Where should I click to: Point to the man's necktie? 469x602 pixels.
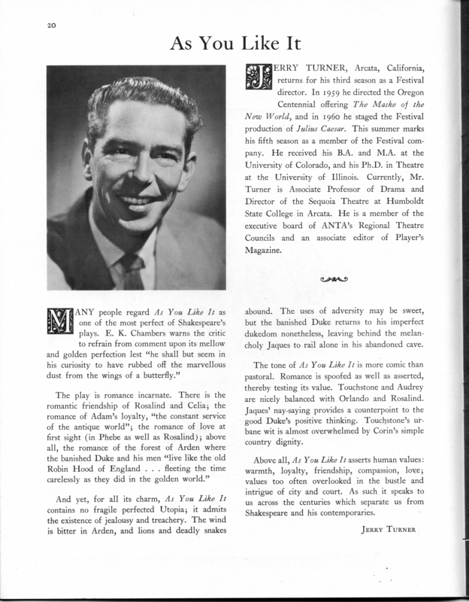[x=129, y=269]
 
